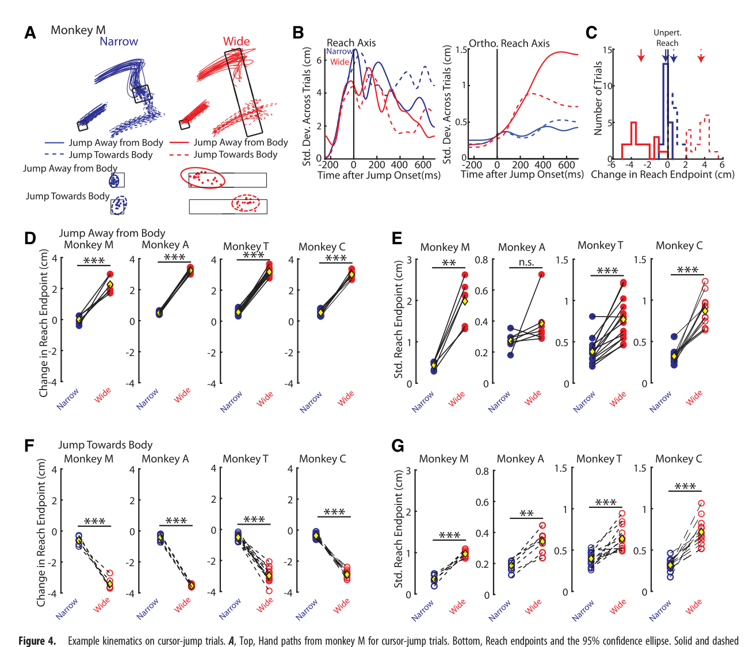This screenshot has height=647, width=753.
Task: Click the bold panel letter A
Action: coord(30,33)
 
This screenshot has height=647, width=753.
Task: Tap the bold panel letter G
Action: coord(397,445)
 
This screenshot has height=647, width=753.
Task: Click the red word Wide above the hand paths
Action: coord(236,41)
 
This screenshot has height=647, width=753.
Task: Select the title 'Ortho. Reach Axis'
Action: coord(509,43)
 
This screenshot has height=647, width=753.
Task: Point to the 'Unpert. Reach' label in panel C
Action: coord(667,38)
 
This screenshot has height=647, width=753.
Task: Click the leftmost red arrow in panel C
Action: coord(641,55)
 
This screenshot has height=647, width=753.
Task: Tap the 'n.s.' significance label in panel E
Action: coord(526,261)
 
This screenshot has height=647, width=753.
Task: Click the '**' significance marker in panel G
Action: coord(527,514)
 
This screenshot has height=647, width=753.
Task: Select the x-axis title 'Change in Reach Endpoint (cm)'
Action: coord(662,175)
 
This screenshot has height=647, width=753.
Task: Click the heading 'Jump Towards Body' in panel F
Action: coord(105,445)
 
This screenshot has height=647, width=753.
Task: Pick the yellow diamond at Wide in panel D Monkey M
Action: coord(110,284)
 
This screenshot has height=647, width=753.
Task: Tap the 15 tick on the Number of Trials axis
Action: coord(606,49)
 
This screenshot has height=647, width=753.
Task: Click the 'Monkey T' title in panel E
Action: coord(601,245)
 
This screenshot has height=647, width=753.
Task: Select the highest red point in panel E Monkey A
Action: coord(541,275)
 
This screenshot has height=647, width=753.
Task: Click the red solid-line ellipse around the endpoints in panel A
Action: coord(202,178)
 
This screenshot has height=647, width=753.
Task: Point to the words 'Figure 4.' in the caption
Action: coord(37,641)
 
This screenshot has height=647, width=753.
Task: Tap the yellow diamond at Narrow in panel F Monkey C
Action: coord(316,536)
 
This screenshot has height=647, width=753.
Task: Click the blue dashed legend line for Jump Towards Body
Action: coord(54,155)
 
